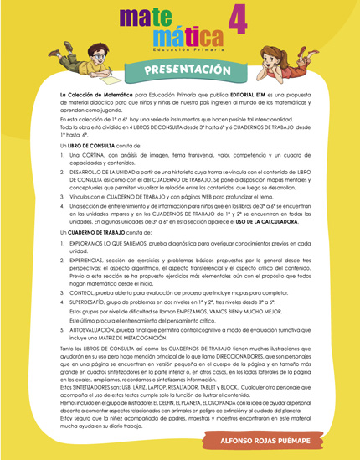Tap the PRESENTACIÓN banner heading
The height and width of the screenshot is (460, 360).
pos(181,68)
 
